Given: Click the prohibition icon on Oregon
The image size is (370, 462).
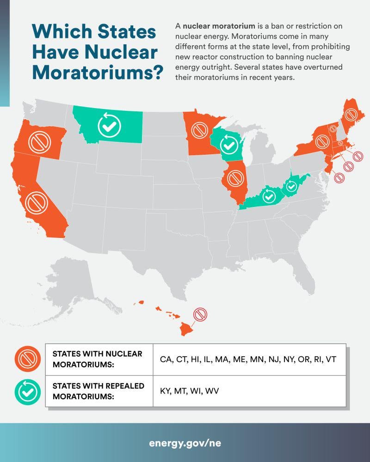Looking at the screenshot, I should click(x=39, y=141).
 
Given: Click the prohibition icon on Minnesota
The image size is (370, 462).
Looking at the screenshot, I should click(x=200, y=130).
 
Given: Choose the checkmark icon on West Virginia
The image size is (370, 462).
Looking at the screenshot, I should click(x=291, y=187).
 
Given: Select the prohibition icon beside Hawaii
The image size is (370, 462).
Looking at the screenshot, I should click(x=200, y=315).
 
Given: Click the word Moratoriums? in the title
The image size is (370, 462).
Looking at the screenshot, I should click(x=98, y=73).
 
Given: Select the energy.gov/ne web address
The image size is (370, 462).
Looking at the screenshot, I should click(x=185, y=443).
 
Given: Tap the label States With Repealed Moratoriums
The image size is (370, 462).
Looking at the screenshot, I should click(x=98, y=391).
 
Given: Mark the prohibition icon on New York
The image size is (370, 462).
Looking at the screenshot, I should click(x=322, y=142).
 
